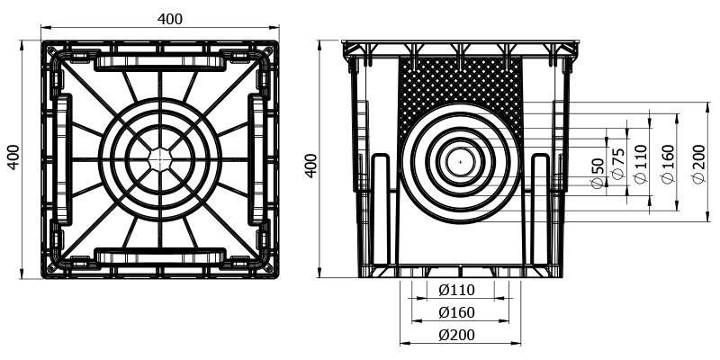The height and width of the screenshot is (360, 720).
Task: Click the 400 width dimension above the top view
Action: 170,19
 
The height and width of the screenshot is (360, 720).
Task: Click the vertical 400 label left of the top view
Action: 13,157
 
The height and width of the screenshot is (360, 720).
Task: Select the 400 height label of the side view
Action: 310,166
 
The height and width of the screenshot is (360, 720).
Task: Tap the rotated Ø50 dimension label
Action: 597,173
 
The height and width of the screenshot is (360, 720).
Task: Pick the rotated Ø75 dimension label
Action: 618,164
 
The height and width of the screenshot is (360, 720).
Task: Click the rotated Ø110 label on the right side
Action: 641,164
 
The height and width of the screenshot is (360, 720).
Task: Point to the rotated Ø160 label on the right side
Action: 668,164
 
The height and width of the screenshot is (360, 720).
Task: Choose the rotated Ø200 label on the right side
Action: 698,164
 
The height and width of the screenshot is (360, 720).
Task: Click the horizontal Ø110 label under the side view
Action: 456,290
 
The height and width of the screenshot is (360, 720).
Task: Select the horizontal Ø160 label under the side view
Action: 456,312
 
